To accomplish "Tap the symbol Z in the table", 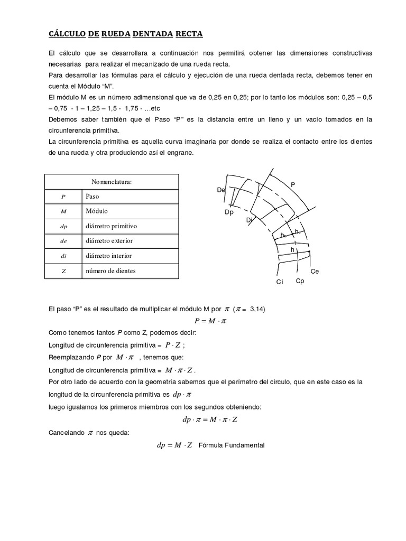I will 63,271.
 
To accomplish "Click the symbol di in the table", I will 63,256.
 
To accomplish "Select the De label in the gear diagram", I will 221,190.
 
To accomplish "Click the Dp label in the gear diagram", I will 228,212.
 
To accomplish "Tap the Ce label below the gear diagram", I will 315,271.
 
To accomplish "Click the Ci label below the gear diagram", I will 280,282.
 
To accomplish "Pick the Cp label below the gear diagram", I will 300,281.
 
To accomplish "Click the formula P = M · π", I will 210,321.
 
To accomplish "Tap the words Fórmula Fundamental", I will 231,445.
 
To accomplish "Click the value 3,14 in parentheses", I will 256,309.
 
